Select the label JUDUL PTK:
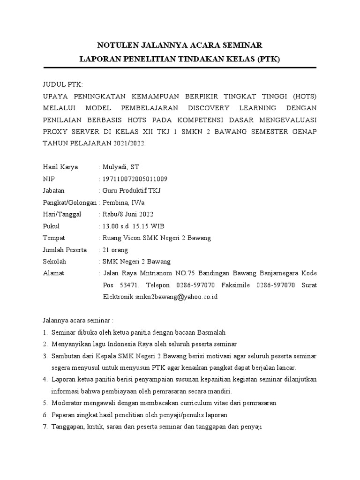(x=62, y=84)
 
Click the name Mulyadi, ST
(x=120, y=167)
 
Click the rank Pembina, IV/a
(x=125, y=202)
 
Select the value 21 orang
(x=115, y=249)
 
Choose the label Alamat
(x=53, y=273)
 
